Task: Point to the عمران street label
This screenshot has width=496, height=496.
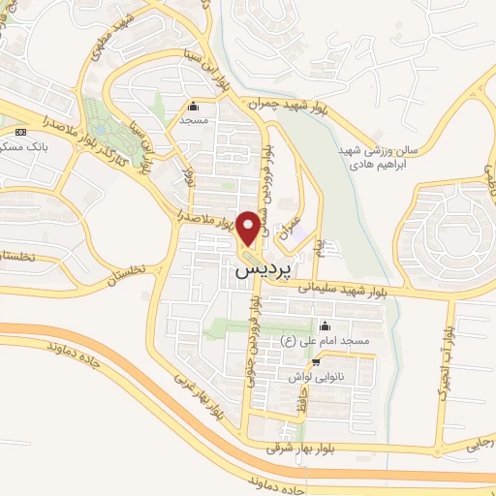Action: (x=287, y=228)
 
